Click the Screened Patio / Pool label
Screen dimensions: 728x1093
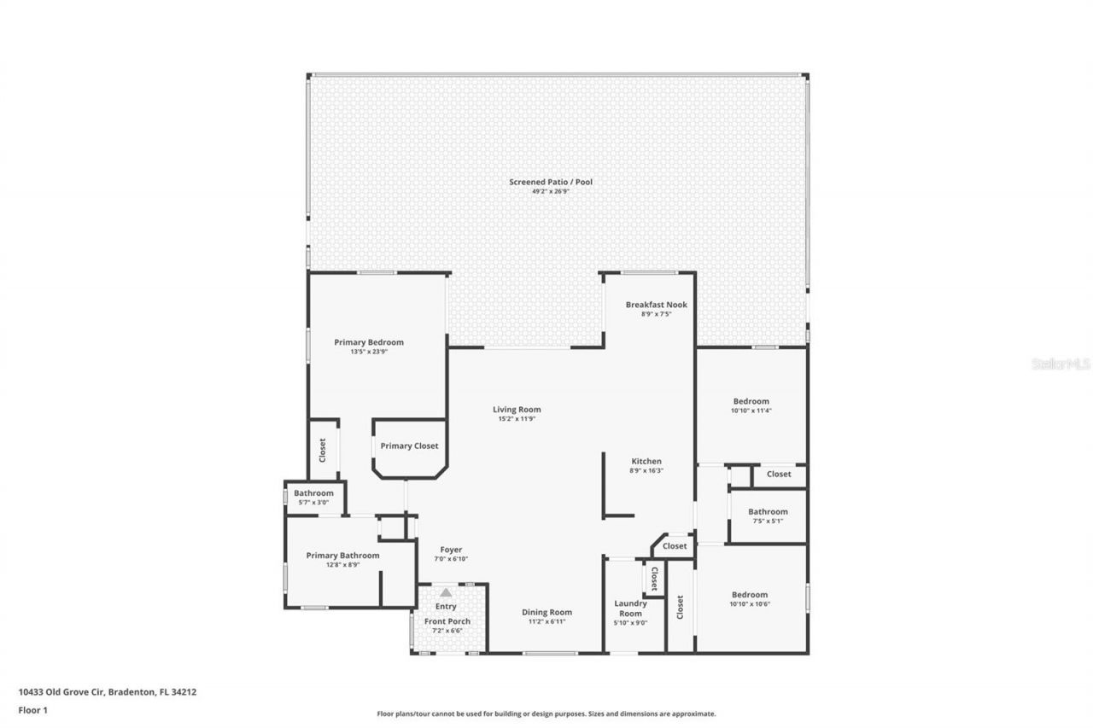coord(550,182)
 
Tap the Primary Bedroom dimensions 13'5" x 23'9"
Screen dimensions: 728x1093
coord(368,351)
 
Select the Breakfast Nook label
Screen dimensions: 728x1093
coord(656,305)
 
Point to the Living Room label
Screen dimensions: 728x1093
coord(517,410)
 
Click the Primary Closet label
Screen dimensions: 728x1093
coord(409,446)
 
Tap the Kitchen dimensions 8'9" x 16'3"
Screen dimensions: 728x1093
coord(646,470)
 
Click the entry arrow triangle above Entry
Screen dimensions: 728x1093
coord(446,591)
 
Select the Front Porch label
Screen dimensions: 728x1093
coord(447,621)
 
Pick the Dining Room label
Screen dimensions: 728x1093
coord(546,612)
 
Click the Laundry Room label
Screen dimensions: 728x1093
coord(630,608)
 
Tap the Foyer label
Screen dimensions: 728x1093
coord(451,550)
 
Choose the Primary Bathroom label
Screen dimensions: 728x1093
coord(342,555)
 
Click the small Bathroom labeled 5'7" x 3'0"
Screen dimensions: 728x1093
coord(313,493)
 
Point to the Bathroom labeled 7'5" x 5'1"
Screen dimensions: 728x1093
coord(768,512)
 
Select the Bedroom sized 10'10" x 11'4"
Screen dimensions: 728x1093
coord(751,401)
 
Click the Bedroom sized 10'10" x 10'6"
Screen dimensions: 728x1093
coord(749,595)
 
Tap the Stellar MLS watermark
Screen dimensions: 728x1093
coord(1061,364)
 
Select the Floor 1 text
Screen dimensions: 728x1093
coord(32,709)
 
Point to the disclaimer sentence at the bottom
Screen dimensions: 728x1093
coord(546,713)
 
